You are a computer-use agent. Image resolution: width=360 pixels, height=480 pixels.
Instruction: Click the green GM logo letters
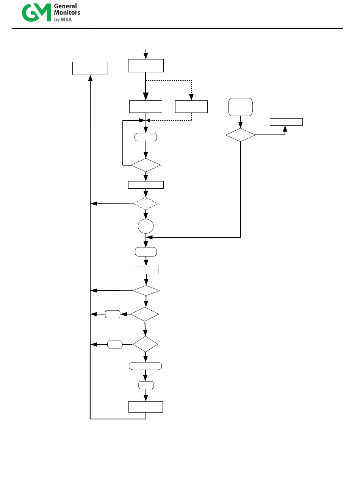(36, 13)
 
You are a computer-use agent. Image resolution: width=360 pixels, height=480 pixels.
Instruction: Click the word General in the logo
(65, 6)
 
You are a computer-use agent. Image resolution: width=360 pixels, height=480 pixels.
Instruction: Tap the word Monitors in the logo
(67, 13)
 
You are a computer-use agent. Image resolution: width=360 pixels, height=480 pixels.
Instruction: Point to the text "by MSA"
(63, 20)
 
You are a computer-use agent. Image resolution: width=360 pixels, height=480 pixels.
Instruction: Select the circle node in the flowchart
(146, 226)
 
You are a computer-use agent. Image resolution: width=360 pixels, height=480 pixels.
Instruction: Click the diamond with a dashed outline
(146, 203)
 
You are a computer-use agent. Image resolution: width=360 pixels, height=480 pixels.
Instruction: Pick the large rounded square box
(240, 107)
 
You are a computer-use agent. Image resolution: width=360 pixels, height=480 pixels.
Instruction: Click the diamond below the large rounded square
(240, 135)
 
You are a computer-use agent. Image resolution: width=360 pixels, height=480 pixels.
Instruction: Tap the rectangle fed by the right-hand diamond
(286, 122)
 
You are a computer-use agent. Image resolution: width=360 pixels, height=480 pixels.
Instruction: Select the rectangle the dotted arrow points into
(191, 107)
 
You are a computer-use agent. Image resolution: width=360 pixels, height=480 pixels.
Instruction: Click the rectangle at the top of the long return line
(90, 69)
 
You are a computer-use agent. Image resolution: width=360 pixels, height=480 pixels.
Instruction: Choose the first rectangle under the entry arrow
(146, 66)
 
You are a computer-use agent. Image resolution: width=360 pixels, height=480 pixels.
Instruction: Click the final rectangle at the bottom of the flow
(146, 407)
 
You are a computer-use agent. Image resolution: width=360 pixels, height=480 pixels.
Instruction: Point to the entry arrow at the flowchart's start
(146, 54)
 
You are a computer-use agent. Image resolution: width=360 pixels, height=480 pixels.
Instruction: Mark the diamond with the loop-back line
(146, 165)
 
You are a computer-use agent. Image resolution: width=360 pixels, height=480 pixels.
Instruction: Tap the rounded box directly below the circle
(146, 252)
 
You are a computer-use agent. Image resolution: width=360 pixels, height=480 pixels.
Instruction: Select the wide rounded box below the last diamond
(146, 366)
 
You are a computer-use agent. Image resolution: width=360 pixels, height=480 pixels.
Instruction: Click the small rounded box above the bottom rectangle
(146, 385)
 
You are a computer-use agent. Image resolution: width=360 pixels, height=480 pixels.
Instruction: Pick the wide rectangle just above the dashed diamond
(146, 185)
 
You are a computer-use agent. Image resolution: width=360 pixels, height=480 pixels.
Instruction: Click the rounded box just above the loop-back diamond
(146, 137)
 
